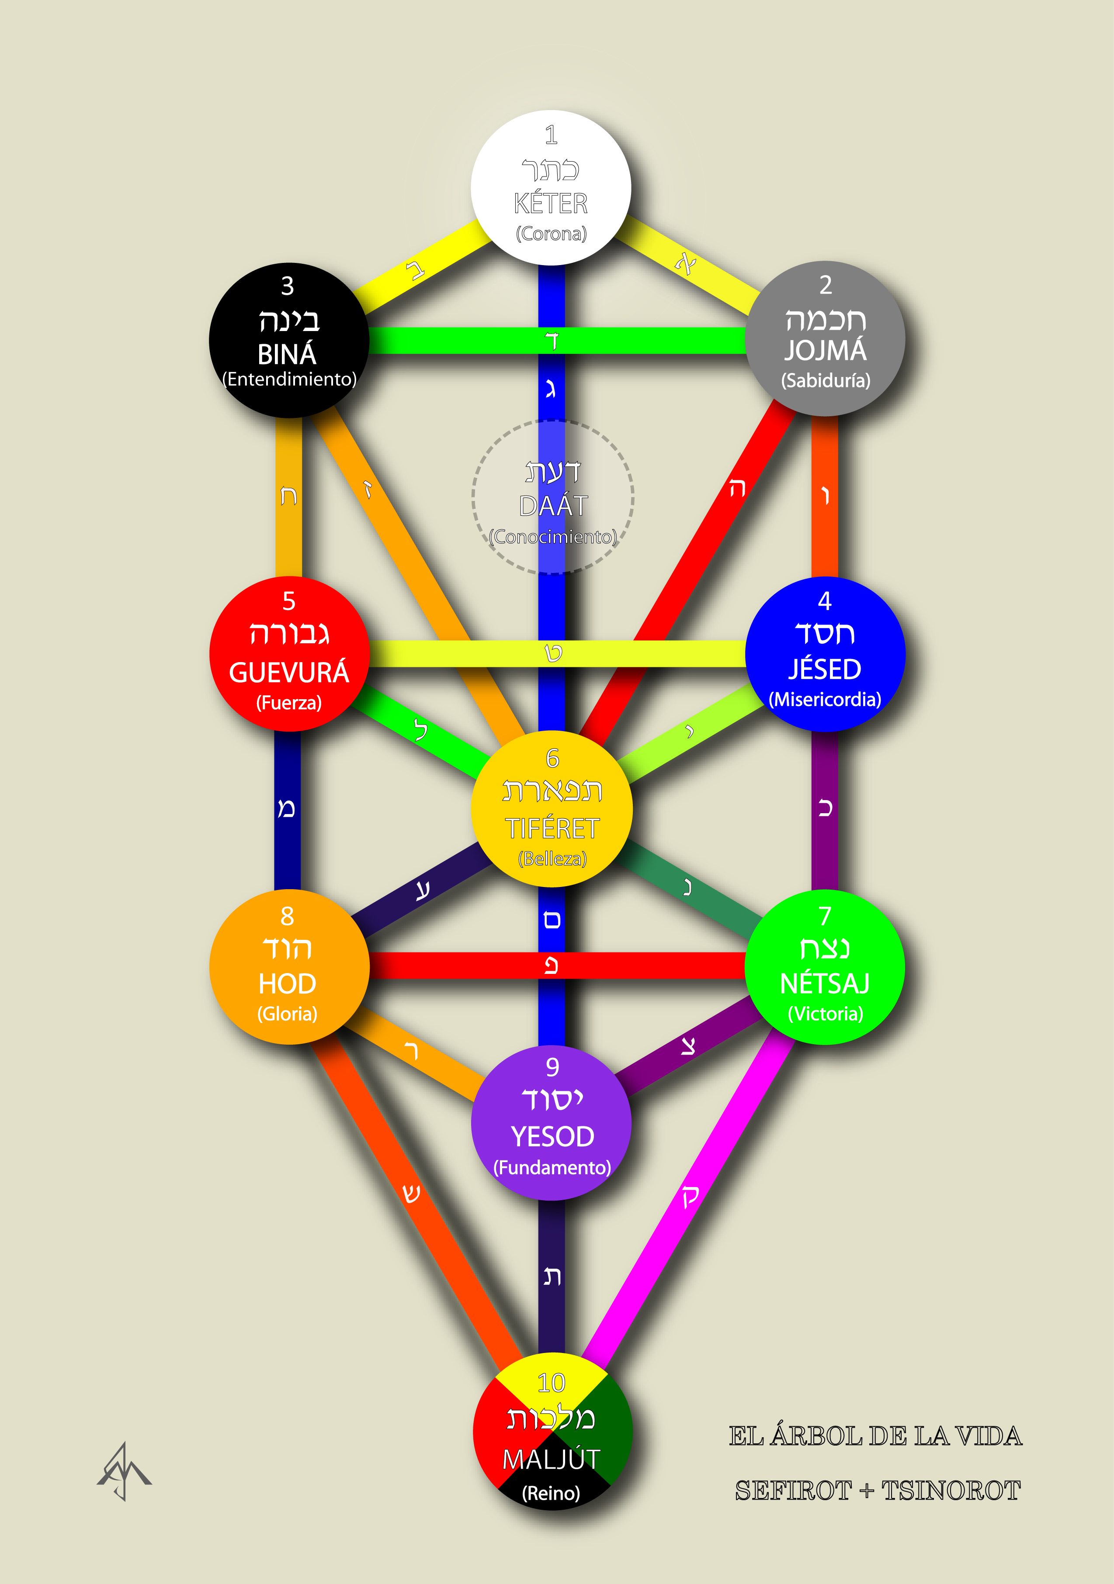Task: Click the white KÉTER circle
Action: pos(551,188)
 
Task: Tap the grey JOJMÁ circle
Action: pos(826,339)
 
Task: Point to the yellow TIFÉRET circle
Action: pos(552,808)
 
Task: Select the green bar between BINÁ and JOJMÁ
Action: pos(558,341)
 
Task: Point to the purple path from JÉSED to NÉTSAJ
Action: pos(825,811)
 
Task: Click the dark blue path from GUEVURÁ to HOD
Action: pos(287,811)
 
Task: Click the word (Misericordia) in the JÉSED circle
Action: pos(825,700)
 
